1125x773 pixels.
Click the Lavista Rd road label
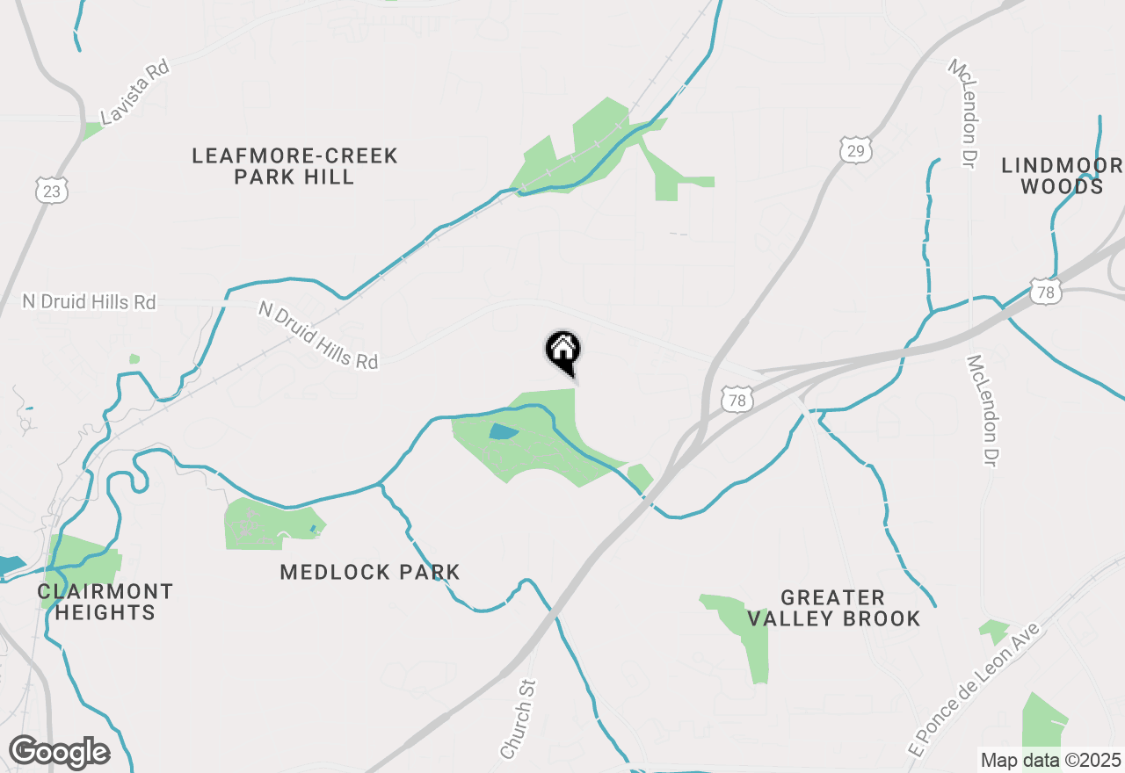[x=134, y=92]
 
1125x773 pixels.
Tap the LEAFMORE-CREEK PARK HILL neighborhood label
[x=294, y=166]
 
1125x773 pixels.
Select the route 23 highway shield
[x=53, y=190]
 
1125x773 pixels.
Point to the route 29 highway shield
[x=855, y=150]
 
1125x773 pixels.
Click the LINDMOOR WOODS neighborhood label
[x=1063, y=176]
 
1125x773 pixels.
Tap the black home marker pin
[x=562, y=350]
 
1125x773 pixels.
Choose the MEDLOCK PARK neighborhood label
[x=370, y=573]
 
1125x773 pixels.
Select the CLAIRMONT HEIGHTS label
[x=105, y=602]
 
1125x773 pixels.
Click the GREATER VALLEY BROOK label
[x=833, y=608]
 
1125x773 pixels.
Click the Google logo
[x=59, y=752]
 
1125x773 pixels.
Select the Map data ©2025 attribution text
[x=1050, y=760]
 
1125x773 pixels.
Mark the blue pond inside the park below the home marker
[x=502, y=431]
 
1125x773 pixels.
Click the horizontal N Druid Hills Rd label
[x=89, y=302]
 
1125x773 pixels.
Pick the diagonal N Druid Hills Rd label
[x=318, y=335]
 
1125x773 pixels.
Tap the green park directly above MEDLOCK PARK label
[x=268, y=524]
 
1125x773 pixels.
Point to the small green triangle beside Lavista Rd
[x=91, y=131]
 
